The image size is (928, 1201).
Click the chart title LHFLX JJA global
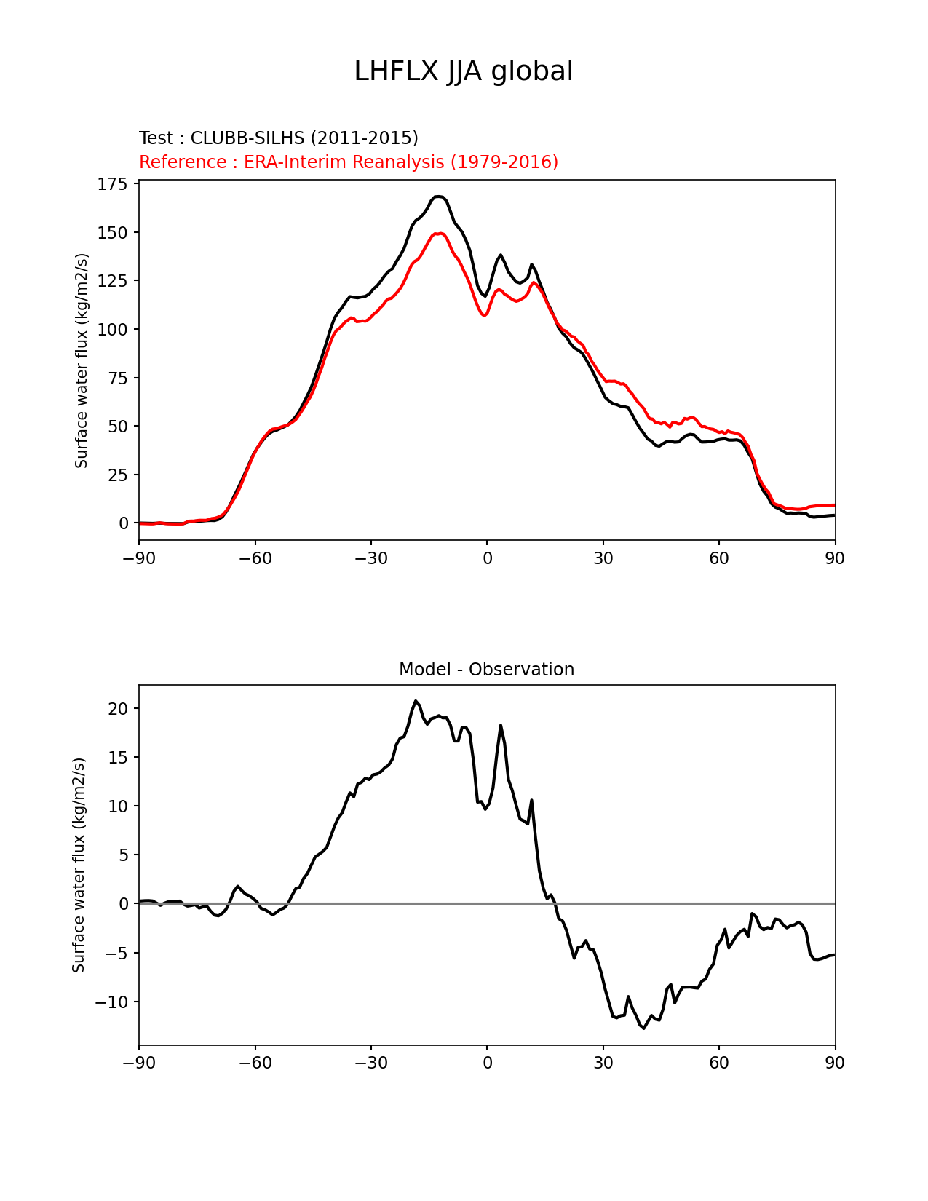click(463, 71)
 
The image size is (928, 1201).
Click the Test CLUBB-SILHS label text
click(278, 138)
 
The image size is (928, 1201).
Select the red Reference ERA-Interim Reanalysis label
click(349, 162)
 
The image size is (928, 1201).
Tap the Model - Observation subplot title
click(486, 670)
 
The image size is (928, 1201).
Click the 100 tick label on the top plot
click(112, 329)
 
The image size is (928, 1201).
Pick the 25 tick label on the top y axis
click(116, 475)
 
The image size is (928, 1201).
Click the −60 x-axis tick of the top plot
click(255, 558)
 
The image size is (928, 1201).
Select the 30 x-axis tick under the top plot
click(603, 558)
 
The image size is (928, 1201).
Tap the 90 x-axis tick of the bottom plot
click(835, 1063)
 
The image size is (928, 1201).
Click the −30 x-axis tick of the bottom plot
click(370, 1063)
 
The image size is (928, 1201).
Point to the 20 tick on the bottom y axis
click(118, 708)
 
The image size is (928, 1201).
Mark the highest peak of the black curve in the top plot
click(438, 197)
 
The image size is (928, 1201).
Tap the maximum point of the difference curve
click(416, 701)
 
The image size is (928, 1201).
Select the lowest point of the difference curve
click(643, 1028)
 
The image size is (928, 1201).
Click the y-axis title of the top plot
click(82, 360)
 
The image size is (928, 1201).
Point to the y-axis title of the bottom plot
click(79, 865)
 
